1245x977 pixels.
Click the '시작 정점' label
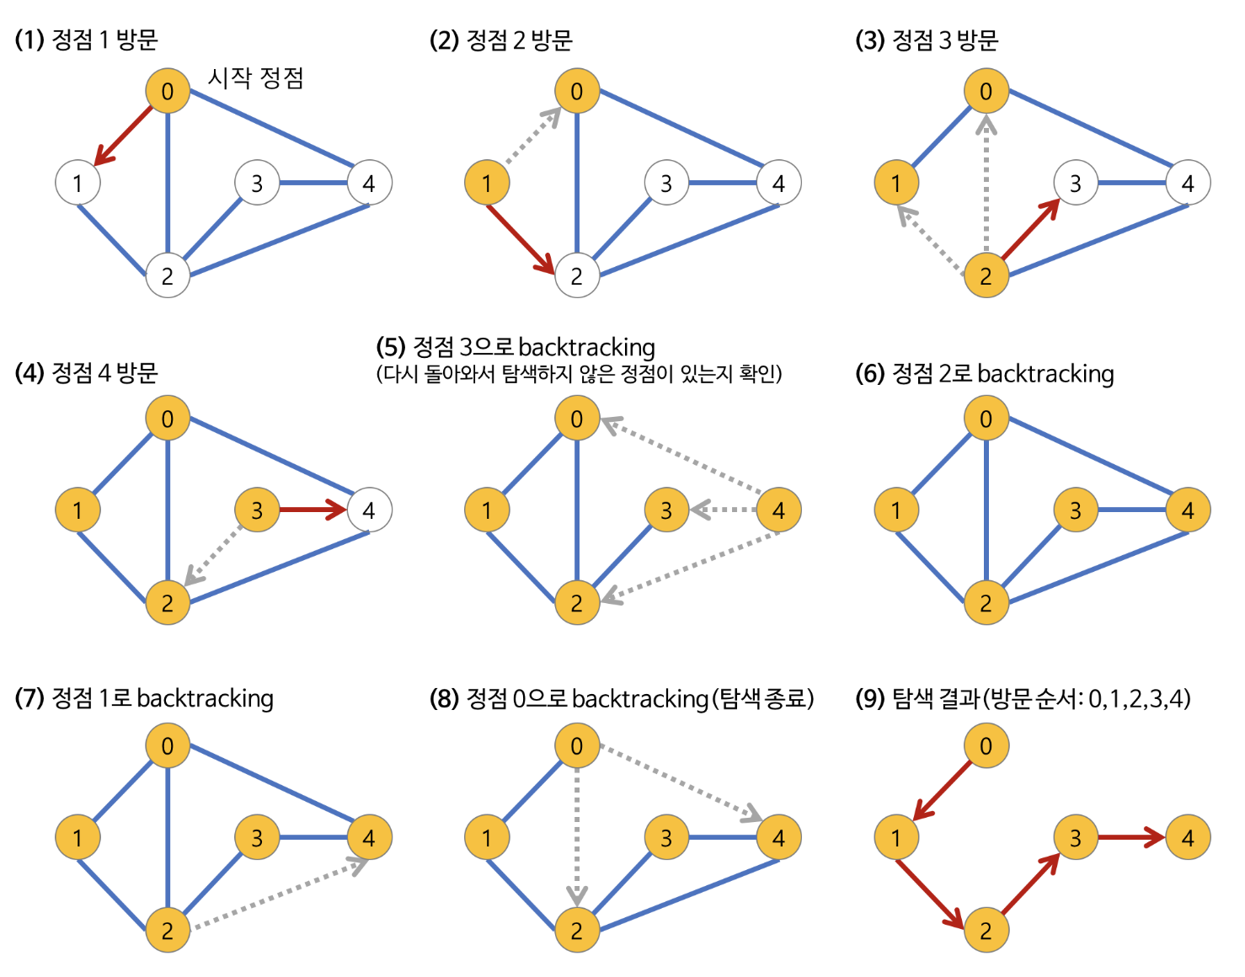point(255,78)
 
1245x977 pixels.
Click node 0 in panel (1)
point(168,91)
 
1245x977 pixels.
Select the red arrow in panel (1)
point(125,135)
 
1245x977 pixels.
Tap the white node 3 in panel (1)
point(257,183)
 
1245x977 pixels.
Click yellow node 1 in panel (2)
point(487,183)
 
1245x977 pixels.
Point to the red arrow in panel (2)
point(521,239)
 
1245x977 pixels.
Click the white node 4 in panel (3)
point(1188,183)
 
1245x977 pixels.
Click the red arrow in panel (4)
point(312,510)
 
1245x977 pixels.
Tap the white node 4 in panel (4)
point(369,510)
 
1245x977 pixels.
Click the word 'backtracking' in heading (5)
point(587,347)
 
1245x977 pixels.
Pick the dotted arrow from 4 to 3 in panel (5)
point(723,510)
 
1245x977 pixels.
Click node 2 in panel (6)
point(986,602)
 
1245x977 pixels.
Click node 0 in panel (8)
point(577,745)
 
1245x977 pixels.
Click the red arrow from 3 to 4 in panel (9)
point(1131,837)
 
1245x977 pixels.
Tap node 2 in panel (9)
point(986,930)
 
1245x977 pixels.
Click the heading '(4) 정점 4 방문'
point(87,372)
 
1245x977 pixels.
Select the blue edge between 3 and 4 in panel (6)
point(1131,510)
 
